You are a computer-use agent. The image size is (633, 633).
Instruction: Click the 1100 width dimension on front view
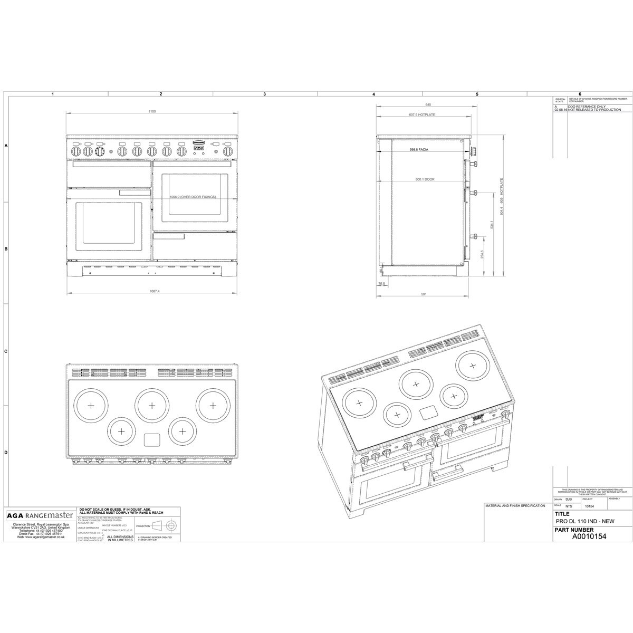click(152, 112)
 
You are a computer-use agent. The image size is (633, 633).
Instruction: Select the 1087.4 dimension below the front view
click(155, 291)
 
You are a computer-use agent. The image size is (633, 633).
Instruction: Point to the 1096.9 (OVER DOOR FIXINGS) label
click(193, 197)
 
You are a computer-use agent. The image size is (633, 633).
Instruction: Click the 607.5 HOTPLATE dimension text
click(421, 114)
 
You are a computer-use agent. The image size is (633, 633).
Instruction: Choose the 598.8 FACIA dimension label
click(420, 150)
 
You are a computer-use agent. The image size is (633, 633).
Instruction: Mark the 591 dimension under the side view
click(423, 294)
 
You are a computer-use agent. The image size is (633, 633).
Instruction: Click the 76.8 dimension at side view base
click(381, 284)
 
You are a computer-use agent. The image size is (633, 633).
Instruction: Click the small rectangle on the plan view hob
click(152, 439)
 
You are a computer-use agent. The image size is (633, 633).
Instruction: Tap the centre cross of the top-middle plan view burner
click(152, 405)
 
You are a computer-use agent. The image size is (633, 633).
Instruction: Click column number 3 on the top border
click(264, 94)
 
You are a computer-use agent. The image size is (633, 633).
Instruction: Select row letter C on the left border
click(6, 351)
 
